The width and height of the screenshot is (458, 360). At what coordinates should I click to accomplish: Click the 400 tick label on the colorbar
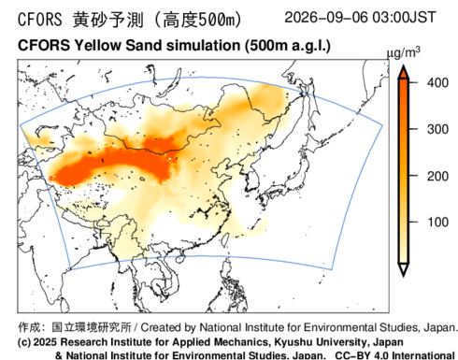tap(437, 83)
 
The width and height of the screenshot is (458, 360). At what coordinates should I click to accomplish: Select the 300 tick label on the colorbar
tap(437, 129)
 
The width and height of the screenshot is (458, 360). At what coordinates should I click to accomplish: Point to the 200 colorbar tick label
tap(437, 176)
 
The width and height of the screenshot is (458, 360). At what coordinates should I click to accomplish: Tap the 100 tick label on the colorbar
tap(437, 223)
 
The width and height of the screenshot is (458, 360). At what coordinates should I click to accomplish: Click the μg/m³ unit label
tap(404, 52)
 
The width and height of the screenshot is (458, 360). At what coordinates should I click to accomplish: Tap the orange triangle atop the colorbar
tap(404, 72)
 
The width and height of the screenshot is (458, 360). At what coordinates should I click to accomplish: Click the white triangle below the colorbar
tap(404, 269)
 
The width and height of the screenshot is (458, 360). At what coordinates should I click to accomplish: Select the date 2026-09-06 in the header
tap(326, 17)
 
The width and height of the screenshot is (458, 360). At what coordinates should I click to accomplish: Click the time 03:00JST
tap(404, 17)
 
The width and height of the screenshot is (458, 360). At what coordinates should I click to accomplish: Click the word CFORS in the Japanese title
tap(40, 20)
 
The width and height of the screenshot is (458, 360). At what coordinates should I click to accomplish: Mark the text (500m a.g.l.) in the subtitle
tap(287, 46)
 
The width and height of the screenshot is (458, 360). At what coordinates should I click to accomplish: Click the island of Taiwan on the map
tap(224, 238)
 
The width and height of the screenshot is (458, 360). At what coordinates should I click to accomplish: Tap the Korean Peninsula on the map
tap(251, 180)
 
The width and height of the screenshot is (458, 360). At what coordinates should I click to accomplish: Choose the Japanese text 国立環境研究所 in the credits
tap(92, 327)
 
